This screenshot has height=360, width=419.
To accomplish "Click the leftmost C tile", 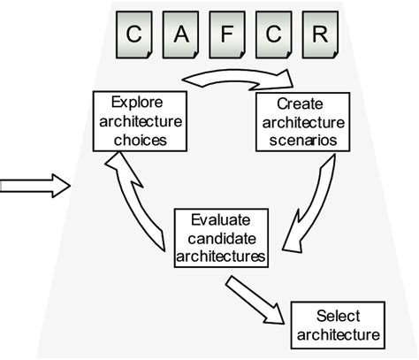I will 132,36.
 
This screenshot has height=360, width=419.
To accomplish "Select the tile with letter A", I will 179,36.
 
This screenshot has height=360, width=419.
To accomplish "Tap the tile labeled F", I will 227,36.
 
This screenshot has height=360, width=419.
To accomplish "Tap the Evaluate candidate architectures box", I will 220,237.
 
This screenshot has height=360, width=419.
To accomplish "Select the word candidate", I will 220,237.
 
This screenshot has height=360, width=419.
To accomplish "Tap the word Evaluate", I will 219,219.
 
